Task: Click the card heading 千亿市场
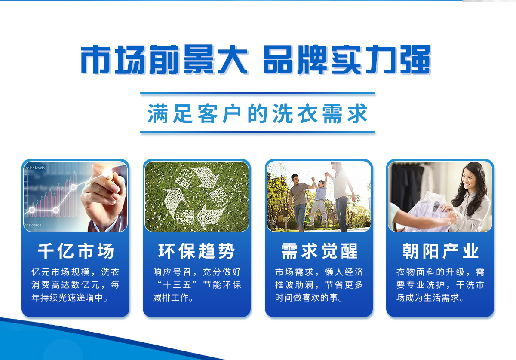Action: (76, 251)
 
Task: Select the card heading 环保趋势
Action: (197, 251)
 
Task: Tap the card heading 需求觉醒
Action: (319, 251)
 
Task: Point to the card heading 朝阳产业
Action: (440, 251)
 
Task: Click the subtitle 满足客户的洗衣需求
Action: (258, 113)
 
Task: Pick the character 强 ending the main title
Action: (415, 60)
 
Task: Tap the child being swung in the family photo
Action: (319, 200)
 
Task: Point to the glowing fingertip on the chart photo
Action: (107, 173)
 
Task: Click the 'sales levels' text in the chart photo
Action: (34, 168)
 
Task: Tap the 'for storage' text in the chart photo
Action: (33, 225)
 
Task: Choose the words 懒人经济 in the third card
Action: (344, 272)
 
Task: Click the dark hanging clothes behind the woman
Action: (407, 186)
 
